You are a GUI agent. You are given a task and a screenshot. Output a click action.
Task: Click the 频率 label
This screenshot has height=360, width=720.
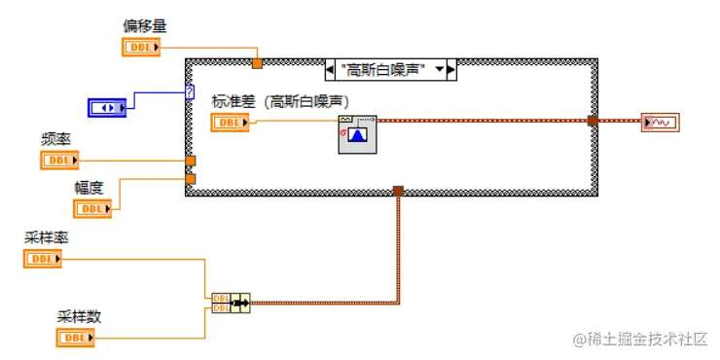(55, 139)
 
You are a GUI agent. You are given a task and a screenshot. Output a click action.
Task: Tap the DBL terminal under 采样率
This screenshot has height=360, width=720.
(42, 259)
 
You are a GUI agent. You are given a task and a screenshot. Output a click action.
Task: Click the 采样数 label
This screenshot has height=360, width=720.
(79, 316)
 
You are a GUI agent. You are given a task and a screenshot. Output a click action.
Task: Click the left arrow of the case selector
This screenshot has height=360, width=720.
(330, 70)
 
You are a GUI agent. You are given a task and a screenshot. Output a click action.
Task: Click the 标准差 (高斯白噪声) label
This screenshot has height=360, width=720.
(280, 100)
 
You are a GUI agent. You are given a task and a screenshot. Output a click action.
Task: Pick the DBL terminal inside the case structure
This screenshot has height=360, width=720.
(230, 122)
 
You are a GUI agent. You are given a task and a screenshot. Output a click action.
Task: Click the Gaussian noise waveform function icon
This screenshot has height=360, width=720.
(354, 132)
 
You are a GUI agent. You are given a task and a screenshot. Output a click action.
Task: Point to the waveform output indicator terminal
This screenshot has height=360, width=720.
(661, 123)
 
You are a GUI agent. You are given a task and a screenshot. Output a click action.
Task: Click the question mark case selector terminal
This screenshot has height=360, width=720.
(190, 92)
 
